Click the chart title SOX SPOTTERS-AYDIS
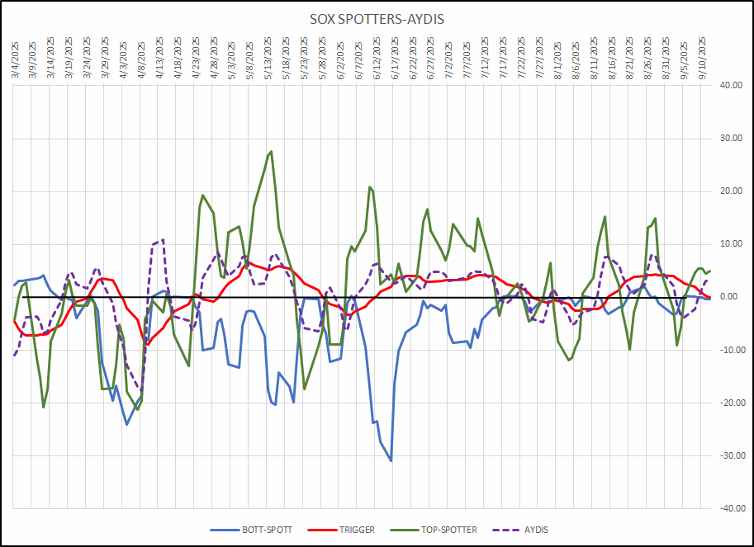tap(377, 19)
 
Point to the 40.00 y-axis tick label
tap(732, 85)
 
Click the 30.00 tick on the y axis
tap(732, 138)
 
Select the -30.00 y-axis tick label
tap(730, 455)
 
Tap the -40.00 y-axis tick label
tap(730, 508)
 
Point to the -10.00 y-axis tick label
tap(730, 350)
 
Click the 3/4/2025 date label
tap(16, 58)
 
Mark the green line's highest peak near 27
tap(272, 152)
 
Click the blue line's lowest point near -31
tap(391, 460)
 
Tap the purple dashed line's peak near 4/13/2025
tap(163, 240)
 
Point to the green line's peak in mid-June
tap(370, 186)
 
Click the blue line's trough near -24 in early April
tap(127, 424)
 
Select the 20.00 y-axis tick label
tap(732, 191)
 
